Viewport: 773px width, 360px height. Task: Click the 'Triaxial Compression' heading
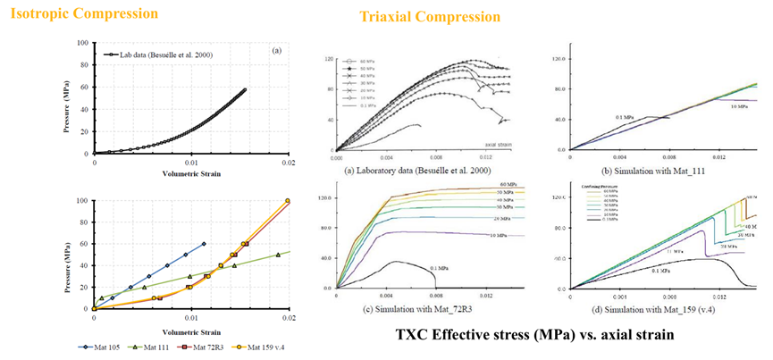coord(430,17)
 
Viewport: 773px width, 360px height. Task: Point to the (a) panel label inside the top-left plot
coord(278,52)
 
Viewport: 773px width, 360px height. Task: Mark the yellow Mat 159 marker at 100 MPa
coord(287,201)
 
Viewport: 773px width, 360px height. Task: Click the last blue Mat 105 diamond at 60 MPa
coord(204,244)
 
